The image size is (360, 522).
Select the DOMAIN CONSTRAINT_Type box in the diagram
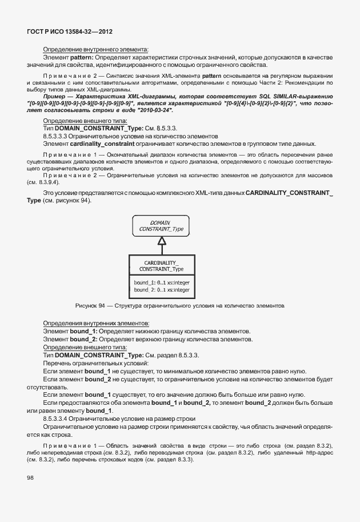point(162,226)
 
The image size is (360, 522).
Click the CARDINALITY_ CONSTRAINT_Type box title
point(162,265)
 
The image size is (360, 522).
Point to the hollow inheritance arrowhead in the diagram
point(162,242)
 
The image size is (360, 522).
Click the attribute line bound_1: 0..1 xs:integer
point(162,283)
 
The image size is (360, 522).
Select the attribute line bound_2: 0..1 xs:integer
point(162,290)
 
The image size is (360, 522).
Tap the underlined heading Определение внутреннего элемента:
point(95,50)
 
